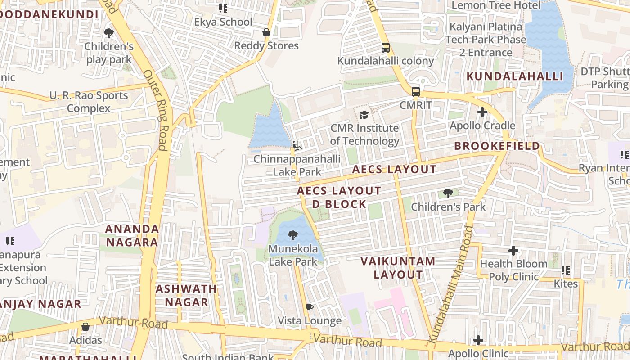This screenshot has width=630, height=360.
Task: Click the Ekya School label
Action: pos(223,22)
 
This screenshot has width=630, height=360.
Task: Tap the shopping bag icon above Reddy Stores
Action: pos(266,32)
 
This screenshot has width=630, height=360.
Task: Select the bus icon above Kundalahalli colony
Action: pos(386,48)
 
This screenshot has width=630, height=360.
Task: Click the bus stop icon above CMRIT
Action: pos(416,92)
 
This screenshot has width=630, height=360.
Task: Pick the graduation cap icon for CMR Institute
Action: pos(364,115)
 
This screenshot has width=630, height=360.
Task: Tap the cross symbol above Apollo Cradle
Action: pos(482,112)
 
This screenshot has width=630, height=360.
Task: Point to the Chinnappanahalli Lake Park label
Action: pos(297,165)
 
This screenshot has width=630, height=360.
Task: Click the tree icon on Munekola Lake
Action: pos(293,235)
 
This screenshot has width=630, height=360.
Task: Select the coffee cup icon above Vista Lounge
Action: pos(309,308)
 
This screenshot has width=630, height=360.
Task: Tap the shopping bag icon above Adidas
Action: pos(85,327)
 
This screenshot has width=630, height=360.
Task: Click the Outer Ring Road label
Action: pos(156,110)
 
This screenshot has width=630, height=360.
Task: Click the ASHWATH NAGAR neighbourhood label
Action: pos(186,295)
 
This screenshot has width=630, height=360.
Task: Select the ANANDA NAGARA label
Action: pos(132,235)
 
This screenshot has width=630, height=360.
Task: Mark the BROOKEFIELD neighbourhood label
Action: pos(497,146)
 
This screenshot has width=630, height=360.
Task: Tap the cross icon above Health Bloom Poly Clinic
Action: pos(513,251)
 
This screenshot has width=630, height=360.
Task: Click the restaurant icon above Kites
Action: pos(566,271)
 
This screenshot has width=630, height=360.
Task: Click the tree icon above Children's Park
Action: pos(448,193)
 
